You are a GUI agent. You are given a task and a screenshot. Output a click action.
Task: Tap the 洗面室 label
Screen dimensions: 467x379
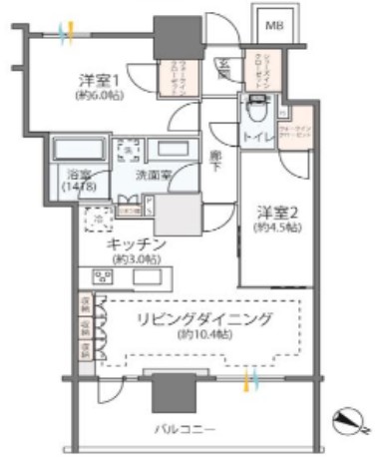[x=154, y=174]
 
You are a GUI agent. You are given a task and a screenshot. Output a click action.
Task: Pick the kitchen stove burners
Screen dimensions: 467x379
[x=105, y=276]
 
